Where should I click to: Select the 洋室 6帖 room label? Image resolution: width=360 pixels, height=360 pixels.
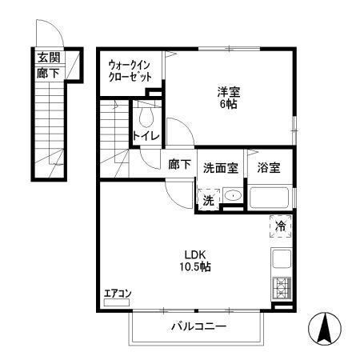pos(228,97)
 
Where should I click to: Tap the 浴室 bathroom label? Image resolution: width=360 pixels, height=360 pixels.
pos(269,169)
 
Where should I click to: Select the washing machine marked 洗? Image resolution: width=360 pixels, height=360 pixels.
pos(208,200)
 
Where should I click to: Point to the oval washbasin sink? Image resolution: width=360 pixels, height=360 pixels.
pos(233,197)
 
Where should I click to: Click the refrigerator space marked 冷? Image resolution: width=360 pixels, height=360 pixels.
pos(281,226)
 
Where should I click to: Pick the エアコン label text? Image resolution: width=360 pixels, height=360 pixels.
pos(118,294)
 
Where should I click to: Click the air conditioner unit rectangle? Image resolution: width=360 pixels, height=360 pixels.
pos(118,304)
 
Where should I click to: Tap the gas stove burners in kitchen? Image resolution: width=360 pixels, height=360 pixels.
pos(282,287)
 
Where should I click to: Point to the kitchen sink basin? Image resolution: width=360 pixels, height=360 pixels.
pos(282,259)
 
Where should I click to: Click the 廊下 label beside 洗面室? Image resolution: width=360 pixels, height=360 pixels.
pos(179,165)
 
